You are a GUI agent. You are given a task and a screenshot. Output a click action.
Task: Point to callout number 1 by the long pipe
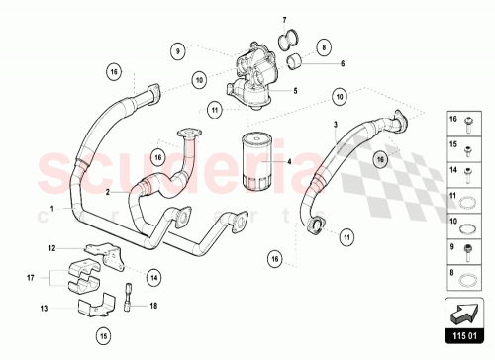click(x=51, y=209)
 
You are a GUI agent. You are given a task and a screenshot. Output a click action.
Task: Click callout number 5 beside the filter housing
click(x=293, y=89)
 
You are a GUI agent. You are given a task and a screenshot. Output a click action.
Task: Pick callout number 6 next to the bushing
click(x=342, y=64)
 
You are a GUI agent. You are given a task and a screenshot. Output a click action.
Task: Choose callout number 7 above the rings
click(x=283, y=21)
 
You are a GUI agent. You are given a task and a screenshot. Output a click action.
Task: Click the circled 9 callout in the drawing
click(x=177, y=49)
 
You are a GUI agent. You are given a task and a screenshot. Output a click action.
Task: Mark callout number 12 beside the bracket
click(x=51, y=248)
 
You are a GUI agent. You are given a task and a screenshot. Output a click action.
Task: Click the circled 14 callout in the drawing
click(x=154, y=279)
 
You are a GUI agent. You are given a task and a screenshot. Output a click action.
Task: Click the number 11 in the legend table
click(x=453, y=195)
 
